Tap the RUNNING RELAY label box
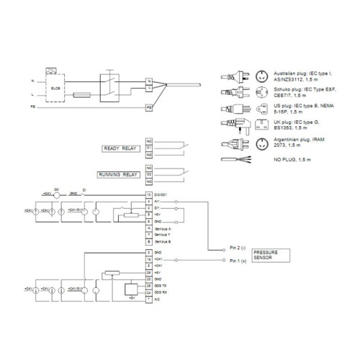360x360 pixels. coord(119,174)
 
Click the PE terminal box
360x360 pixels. coord(149,107)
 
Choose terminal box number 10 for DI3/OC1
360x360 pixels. coord(149,195)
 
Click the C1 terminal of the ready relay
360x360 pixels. coord(149,148)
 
